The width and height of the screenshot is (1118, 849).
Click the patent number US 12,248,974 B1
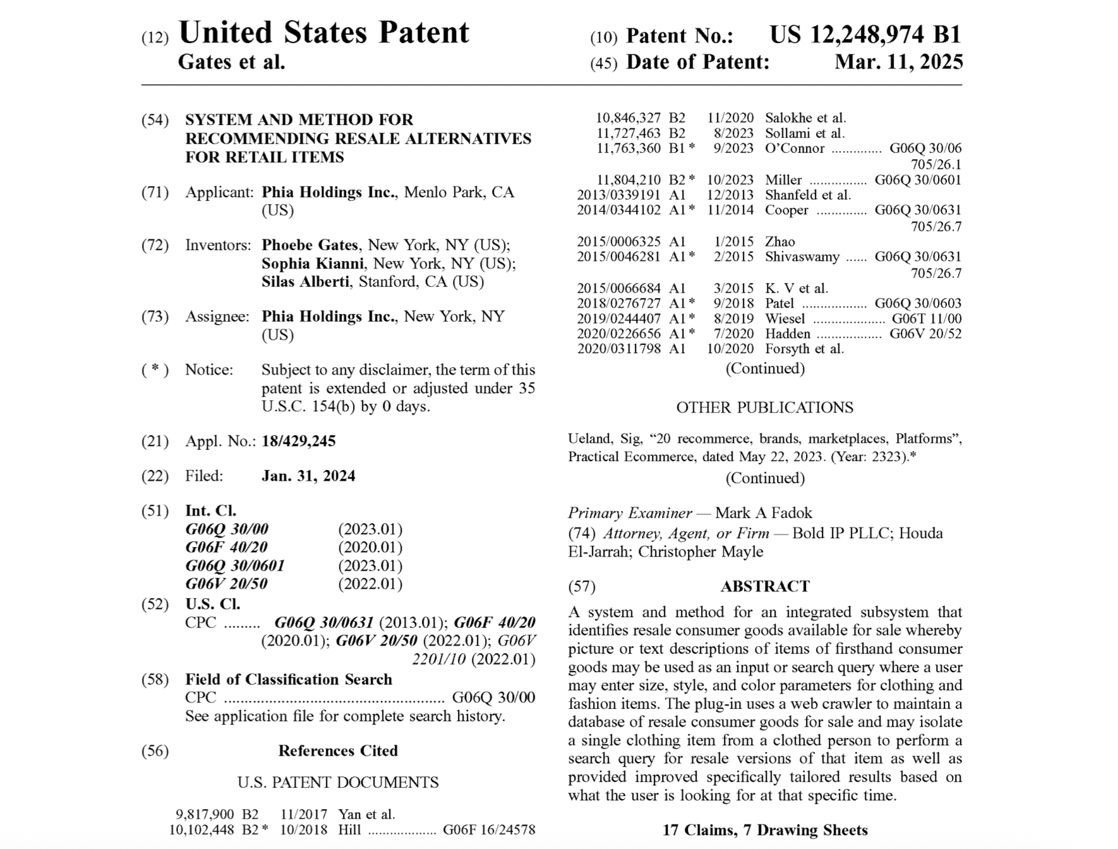click(865, 35)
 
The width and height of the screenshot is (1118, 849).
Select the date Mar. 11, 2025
click(898, 62)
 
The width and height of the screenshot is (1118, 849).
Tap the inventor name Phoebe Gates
click(310, 245)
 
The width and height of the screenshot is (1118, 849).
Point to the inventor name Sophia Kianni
click(313, 263)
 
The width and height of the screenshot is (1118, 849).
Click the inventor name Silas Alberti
click(305, 282)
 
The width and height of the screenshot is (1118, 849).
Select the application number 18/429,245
click(298, 442)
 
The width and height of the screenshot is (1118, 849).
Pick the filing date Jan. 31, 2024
click(308, 476)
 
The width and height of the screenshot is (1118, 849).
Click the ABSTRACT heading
click(764, 586)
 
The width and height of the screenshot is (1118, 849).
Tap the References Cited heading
click(338, 750)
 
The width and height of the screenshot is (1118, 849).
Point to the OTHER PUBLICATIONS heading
click(764, 407)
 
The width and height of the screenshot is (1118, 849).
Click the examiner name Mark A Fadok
click(763, 513)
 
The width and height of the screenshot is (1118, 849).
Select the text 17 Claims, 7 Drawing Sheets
click(764, 830)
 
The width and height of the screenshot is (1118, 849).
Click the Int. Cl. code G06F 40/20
click(226, 547)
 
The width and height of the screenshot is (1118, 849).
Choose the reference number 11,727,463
click(628, 133)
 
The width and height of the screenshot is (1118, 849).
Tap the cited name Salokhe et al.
click(805, 118)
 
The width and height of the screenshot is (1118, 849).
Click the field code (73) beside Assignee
click(155, 316)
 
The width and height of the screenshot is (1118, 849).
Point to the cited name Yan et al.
click(366, 814)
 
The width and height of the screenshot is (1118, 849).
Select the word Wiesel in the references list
click(785, 318)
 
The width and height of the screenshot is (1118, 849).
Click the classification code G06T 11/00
click(926, 318)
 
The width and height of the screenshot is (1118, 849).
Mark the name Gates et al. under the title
click(231, 62)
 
